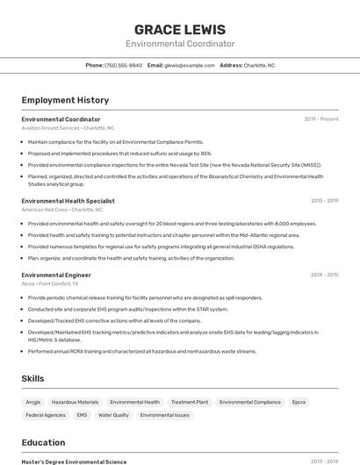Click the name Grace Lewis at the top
180,29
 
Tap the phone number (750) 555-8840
123,65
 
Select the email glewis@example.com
190,65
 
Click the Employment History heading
65,100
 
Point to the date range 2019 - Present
321,119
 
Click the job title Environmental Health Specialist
68,201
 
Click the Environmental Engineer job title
56,275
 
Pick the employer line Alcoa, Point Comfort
50,284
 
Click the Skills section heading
32,378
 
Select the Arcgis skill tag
33,402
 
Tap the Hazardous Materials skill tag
75,402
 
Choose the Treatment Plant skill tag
189,402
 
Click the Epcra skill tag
299,402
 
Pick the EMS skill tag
82,415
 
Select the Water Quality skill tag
113,415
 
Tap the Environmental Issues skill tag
164,415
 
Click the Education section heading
43,442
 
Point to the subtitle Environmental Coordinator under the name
180,44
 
